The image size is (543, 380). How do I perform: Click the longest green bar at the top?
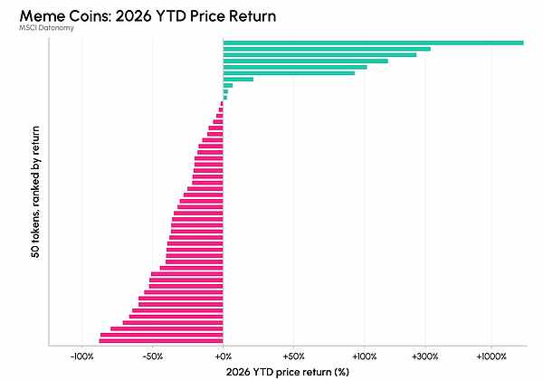point(373,43)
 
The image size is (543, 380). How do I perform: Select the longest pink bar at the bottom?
point(161,341)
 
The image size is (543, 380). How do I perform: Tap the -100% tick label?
point(82,356)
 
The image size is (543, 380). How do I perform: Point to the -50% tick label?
point(153,356)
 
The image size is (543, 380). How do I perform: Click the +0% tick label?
point(223,356)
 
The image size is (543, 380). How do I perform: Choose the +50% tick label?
point(293,356)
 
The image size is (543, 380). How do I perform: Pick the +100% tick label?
point(365,356)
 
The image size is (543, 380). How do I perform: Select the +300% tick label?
point(425,356)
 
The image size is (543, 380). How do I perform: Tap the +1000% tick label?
point(491,356)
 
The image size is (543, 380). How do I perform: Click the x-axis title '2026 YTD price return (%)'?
point(288,372)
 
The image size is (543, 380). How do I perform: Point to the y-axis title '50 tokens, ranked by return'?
point(35,192)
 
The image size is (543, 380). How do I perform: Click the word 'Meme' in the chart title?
point(39,16)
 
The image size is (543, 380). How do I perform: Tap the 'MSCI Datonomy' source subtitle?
point(46,28)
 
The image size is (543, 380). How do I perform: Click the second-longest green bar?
point(327,49)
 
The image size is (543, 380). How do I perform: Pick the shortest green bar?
point(225,98)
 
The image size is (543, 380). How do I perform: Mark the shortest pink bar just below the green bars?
point(222,103)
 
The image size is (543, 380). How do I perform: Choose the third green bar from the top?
point(319,55)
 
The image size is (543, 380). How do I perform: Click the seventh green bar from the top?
point(238,80)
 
